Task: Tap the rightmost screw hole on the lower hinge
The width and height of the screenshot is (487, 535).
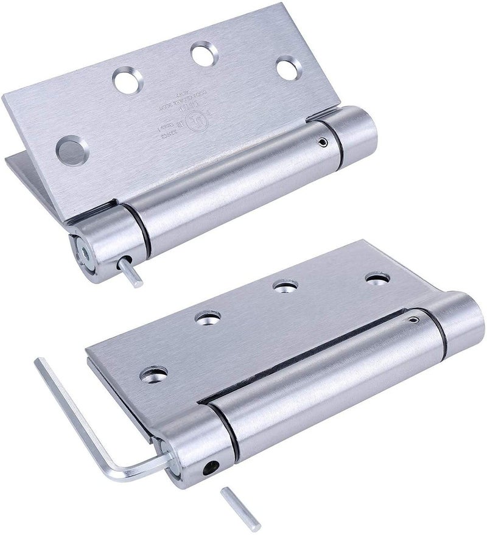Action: coord(377,279)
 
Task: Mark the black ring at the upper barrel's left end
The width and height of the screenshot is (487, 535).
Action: coord(141,228)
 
